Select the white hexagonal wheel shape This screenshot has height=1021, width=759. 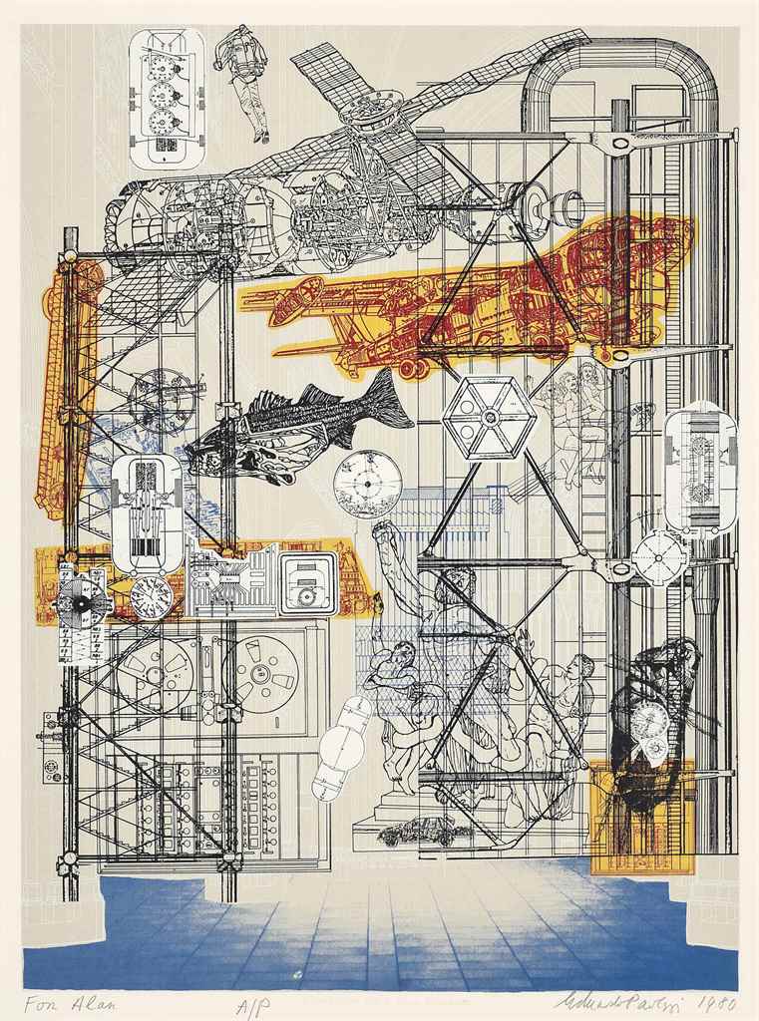[490, 417]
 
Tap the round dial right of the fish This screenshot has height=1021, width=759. [367, 484]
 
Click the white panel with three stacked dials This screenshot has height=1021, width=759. [167, 98]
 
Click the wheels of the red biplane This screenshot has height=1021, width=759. [412, 368]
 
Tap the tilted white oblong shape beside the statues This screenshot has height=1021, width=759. [341, 748]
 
